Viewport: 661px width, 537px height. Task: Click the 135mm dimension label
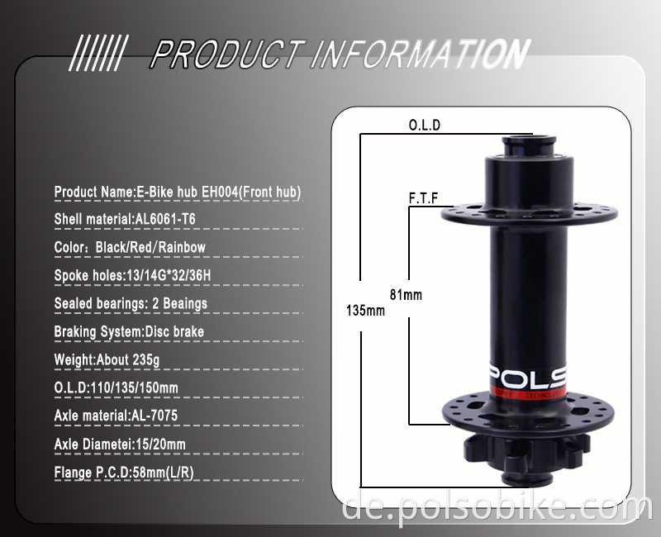point(365,311)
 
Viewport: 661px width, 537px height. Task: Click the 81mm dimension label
point(406,294)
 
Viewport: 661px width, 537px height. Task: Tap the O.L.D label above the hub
point(426,126)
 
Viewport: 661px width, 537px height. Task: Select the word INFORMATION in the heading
point(419,55)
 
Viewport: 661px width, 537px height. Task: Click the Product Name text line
point(178,192)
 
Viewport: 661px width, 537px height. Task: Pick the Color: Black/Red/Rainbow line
point(130,247)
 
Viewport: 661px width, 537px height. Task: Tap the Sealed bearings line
point(131,303)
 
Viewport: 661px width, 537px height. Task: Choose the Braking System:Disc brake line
point(129,332)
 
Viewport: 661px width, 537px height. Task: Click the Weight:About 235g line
point(106,360)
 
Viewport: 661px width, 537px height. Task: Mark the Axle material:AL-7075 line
point(116,416)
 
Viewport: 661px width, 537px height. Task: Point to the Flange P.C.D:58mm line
point(124,473)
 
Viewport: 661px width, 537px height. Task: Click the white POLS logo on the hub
point(536,378)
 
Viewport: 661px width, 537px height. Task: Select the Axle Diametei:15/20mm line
point(120,444)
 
